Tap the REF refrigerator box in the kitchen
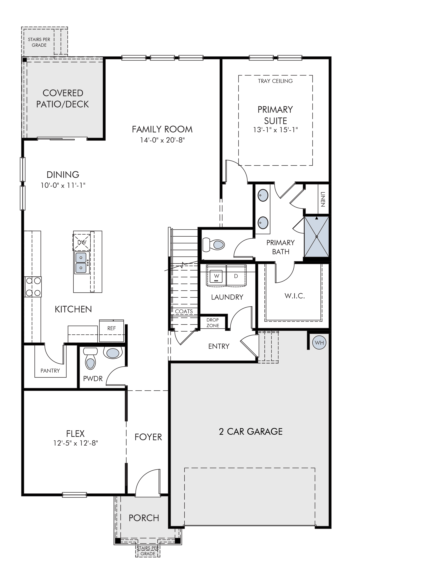pyautogui.click(x=111, y=331)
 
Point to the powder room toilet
pyautogui.click(x=90, y=358)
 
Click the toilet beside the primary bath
pyautogui.click(x=214, y=245)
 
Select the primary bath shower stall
pyautogui.click(x=316, y=237)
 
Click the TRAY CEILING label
pyautogui.click(x=275, y=81)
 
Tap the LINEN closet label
pyautogui.click(x=323, y=199)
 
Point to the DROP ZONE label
pyautogui.click(x=212, y=323)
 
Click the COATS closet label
pyautogui.click(x=184, y=311)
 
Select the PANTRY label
pyautogui.click(x=50, y=370)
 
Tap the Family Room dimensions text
pyautogui.click(x=163, y=140)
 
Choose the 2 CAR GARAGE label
pyautogui.click(x=251, y=432)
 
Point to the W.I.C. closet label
pyautogui.click(x=295, y=296)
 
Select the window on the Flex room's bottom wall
pyautogui.click(x=75, y=495)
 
